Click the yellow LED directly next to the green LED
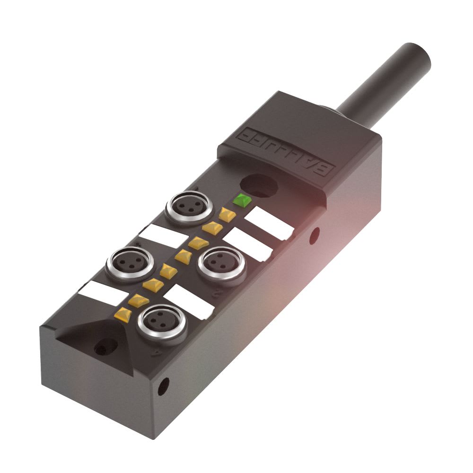[228, 214]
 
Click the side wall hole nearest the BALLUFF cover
[314, 234]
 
